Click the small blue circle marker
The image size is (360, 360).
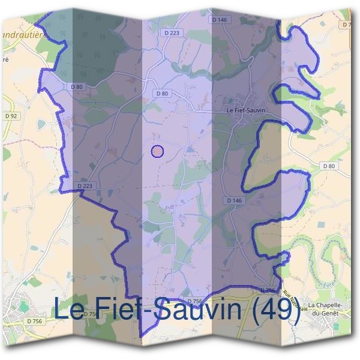coord(157,151)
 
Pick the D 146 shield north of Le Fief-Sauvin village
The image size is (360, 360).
coord(220,20)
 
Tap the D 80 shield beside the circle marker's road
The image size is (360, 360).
coord(163,93)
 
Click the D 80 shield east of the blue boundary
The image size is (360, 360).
coord(328,166)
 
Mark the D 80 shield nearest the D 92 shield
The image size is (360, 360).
coord(77,88)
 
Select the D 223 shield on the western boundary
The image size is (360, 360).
coord(85,186)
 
